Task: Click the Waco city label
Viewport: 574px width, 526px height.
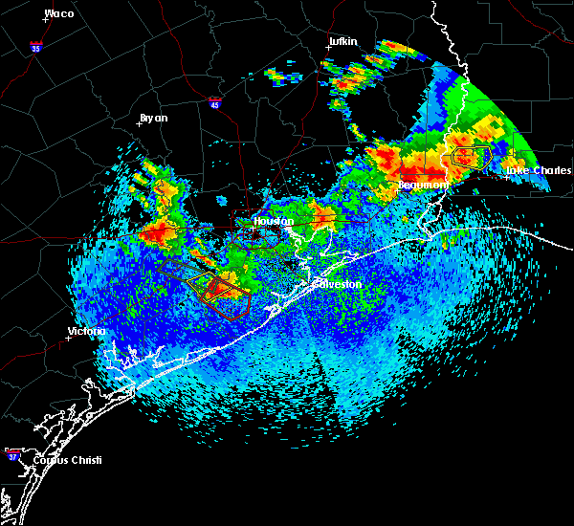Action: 59,13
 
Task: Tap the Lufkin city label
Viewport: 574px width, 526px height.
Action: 342,41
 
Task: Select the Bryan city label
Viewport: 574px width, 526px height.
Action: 153,118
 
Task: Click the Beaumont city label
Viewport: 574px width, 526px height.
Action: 423,184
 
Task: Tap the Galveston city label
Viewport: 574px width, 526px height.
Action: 338,284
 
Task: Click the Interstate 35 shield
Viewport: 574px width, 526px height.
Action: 36,46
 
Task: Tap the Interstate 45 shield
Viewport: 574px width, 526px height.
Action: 215,100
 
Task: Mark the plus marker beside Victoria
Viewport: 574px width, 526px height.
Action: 68,338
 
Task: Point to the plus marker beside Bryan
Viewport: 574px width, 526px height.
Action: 139,123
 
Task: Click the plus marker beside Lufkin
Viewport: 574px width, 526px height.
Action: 328,47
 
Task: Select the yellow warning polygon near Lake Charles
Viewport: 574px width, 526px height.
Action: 471,156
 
